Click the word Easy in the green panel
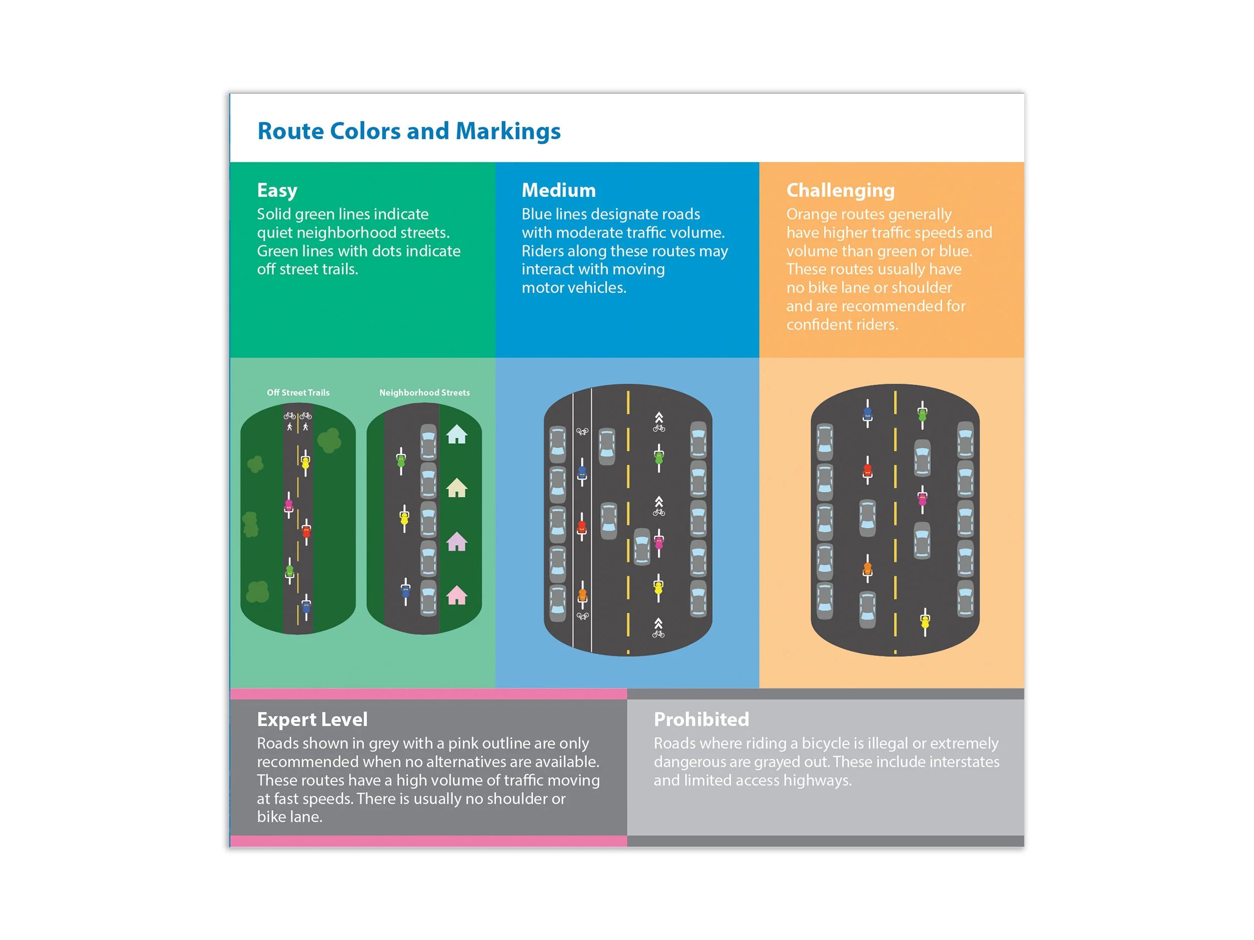click(x=277, y=191)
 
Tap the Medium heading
click(x=558, y=191)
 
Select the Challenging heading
click(x=840, y=191)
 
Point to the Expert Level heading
click(x=312, y=719)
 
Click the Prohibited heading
click(x=701, y=719)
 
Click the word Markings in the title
click(x=508, y=131)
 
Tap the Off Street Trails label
click(x=298, y=393)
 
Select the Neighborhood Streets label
click(x=424, y=393)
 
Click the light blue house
click(x=456, y=435)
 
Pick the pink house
click(x=456, y=596)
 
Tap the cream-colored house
click(x=456, y=488)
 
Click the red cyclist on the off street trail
click(x=306, y=531)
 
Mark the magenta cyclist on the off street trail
click(x=288, y=505)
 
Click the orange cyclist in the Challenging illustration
click(x=867, y=569)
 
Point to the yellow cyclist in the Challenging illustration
click(x=924, y=622)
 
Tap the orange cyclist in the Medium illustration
click(x=582, y=595)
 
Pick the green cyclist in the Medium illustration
click(x=659, y=458)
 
